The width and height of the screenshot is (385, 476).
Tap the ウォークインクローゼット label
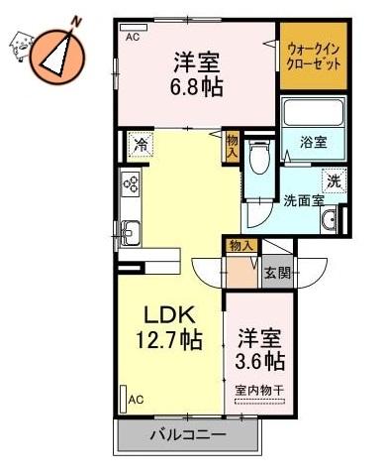click(313, 55)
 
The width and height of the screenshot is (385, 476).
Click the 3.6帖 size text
click(260, 358)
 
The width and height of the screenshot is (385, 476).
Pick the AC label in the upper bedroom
click(134, 36)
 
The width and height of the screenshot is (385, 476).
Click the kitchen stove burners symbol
click(130, 183)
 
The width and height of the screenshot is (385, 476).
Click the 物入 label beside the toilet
click(232, 147)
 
